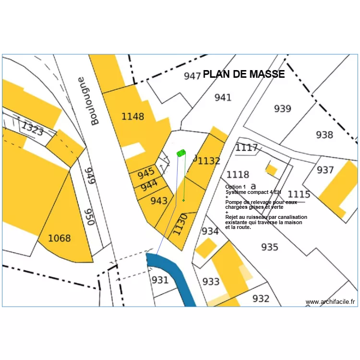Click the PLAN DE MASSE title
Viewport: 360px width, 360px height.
click(x=244, y=74)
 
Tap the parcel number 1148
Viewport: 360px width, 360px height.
click(x=132, y=116)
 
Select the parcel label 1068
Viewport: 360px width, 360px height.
click(x=59, y=238)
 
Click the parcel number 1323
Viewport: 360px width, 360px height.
click(x=33, y=129)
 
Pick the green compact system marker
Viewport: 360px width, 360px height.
click(x=181, y=153)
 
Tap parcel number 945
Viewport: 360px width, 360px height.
click(x=146, y=172)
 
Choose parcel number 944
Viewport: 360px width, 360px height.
click(x=149, y=184)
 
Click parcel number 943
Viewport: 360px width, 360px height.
click(x=159, y=201)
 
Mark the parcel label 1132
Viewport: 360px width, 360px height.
click(x=209, y=161)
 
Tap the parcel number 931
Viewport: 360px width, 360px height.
click(x=160, y=280)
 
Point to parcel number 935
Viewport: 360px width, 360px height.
click(x=270, y=247)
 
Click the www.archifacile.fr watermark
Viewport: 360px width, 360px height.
click(x=331, y=302)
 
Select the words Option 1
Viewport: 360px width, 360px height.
click(x=236, y=187)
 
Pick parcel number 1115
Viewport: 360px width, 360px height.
click(x=299, y=194)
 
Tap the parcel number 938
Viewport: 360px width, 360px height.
click(x=324, y=135)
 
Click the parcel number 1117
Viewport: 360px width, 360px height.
click(x=247, y=148)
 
